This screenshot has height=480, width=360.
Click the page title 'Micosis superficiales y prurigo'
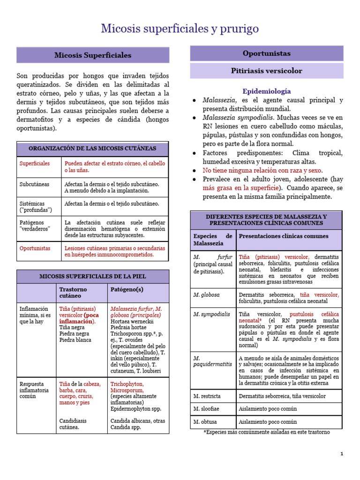coord(180,29)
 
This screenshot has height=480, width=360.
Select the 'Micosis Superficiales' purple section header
coord(93,55)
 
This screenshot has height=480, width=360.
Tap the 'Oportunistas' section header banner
coord(266,53)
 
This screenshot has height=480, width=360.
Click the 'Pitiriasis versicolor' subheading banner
coord(266,71)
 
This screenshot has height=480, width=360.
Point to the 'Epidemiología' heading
coord(266,91)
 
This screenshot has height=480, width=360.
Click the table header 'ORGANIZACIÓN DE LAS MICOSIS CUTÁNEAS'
coord(92,149)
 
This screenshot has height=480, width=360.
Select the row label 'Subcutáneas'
coord(34,184)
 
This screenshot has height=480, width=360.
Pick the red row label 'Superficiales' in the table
coord(34,164)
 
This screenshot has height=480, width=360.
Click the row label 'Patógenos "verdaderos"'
coord(35,225)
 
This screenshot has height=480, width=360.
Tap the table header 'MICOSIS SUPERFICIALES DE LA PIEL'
coord(92,276)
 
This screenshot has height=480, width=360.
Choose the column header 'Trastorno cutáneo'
coord(73,292)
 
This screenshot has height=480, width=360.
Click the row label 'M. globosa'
coord(207,295)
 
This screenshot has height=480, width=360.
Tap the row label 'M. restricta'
coord(207,396)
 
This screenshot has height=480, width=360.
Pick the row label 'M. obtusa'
coord(205,421)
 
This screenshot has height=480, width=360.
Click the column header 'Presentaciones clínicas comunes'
coord(284,236)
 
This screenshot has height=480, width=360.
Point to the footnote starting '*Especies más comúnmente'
coord(266,432)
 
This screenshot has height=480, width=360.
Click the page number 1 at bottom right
coord(342,454)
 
